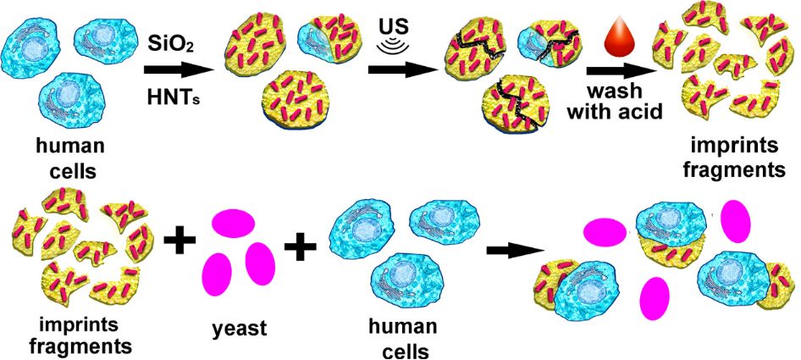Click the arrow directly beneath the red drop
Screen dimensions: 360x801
pyautogui.click(x=614, y=70)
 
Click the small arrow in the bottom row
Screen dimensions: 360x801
pyautogui.click(x=514, y=251)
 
